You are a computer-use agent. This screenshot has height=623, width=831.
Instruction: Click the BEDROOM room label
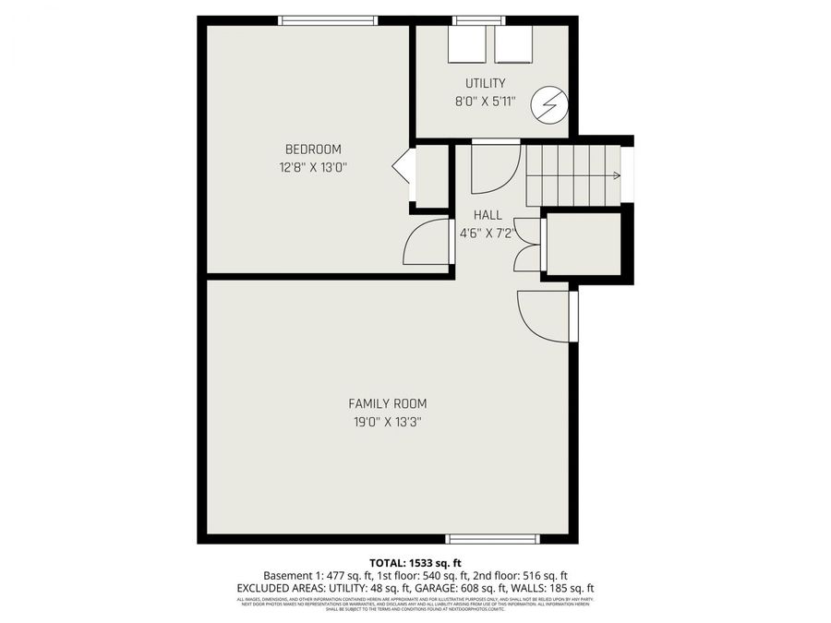coord(313,150)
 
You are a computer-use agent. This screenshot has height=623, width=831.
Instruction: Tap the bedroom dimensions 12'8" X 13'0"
coord(313,168)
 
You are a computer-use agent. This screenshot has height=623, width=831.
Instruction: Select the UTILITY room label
coord(485,84)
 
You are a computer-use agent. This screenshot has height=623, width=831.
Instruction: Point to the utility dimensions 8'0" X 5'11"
coord(485,102)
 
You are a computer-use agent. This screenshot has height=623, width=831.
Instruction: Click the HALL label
coord(488,215)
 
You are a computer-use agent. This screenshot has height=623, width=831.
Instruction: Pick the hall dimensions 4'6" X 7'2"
coord(488,234)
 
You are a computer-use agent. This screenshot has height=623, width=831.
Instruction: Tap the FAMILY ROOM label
coord(387,403)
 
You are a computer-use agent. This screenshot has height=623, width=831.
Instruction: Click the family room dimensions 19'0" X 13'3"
coord(387,422)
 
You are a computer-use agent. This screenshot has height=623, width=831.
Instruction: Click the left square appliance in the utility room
coord(467,43)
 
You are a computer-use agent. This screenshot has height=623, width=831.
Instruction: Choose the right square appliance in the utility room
coord(513,43)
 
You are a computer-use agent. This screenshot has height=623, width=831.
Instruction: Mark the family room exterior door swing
coord(542,316)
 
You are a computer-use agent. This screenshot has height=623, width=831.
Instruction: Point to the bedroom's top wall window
coord(329,19)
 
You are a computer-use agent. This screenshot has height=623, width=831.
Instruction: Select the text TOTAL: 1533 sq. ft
coord(415,562)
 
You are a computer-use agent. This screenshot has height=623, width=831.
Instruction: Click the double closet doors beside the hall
coord(526,245)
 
